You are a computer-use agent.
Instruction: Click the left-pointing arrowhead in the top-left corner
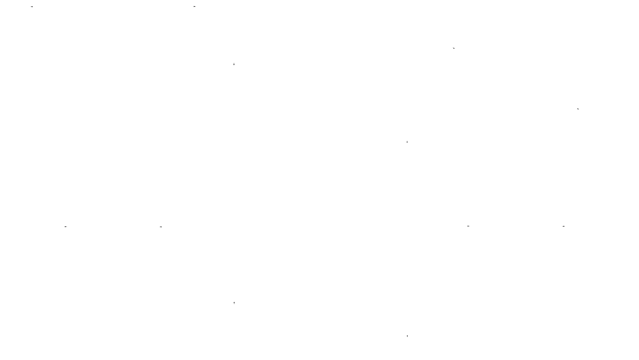tap(32, 7)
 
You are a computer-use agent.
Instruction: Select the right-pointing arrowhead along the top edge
tap(195, 6)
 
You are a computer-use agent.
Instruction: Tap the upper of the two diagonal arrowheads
tap(454, 48)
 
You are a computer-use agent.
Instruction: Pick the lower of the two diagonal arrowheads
tap(578, 109)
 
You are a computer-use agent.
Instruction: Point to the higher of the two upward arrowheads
tap(234, 64)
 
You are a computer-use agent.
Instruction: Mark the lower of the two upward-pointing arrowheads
tap(407, 142)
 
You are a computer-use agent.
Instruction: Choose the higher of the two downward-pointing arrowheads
tap(234, 303)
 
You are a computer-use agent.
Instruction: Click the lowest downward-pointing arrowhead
tap(407, 336)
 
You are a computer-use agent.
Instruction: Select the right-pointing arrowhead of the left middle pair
tap(66, 227)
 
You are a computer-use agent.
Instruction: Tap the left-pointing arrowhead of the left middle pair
tap(161, 227)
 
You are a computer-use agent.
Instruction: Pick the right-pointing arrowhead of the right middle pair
tap(468, 226)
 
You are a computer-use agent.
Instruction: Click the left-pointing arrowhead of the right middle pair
tap(564, 226)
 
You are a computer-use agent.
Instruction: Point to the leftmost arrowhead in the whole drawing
tap(32, 7)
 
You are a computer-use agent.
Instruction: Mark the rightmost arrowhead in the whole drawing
tap(578, 109)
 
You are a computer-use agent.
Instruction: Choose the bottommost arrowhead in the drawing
tap(407, 336)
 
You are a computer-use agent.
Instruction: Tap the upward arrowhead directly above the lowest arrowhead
tap(407, 142)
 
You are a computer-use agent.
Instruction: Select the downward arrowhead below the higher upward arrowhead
tap(234, 303)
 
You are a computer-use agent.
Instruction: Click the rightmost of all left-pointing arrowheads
tap(564, 226)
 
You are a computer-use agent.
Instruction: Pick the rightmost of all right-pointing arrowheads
tap(468, 226)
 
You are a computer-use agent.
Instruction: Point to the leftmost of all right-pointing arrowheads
tap(66, 227)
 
